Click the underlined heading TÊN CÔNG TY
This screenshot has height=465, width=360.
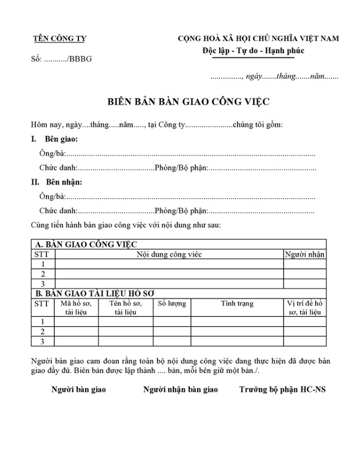(59, 38)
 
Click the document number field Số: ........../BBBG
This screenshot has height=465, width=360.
(61, 59)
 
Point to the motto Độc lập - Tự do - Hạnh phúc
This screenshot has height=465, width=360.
(253, 51)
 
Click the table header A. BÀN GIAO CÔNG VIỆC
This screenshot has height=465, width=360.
(85, 244)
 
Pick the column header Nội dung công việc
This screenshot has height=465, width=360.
(169, 254)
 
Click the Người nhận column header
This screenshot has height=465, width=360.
(305, 254)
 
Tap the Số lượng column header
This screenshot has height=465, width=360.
(171, 303)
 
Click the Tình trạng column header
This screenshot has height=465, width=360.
(237, 303)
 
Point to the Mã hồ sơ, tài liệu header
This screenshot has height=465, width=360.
(76, 308)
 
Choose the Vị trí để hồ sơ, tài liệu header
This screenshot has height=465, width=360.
(305, 308)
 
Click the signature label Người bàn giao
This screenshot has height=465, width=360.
(79, 390)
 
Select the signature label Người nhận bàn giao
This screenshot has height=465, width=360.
(180, 390)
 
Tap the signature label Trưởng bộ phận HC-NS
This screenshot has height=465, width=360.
(282, 390)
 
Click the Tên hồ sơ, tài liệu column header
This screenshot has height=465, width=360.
(126, 308)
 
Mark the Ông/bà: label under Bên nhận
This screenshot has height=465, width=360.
(52, 197)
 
